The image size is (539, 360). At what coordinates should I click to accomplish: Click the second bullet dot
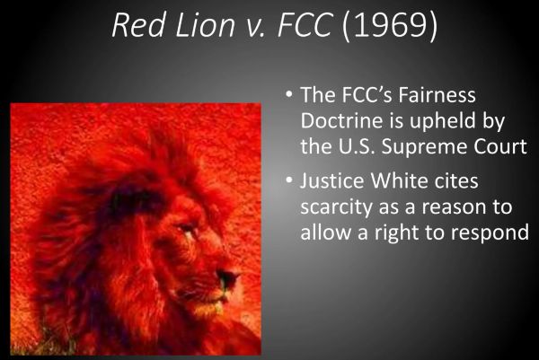click(x=286, y=182)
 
